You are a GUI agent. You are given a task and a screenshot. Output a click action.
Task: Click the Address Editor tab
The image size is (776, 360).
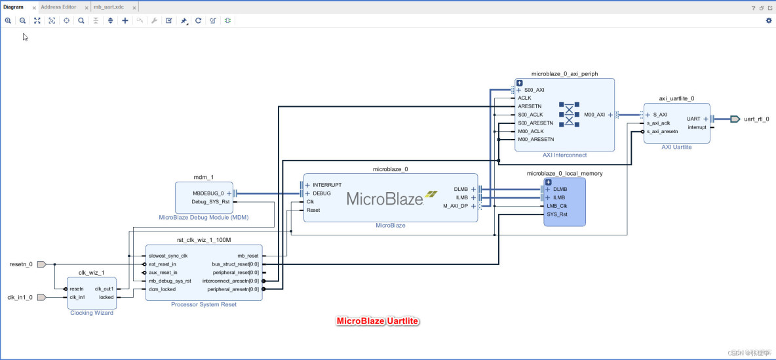(x=58, y=7)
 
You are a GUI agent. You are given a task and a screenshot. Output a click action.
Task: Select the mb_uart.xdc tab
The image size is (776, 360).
(x=108, y=7)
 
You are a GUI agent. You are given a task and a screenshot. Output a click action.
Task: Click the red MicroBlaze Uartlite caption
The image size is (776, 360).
(x=377, y=321)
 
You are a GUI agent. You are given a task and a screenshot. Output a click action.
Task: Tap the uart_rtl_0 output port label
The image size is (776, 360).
(x=756, y=119)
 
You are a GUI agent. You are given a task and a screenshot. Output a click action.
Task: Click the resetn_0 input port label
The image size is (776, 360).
(x=20, y=264)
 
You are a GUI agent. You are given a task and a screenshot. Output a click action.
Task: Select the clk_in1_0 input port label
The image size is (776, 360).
(x=20, y=297)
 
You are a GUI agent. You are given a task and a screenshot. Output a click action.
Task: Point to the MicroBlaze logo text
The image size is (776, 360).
(x=384, y=198)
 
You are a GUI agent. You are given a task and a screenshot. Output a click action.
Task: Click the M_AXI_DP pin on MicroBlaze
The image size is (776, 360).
(x=456, y=206)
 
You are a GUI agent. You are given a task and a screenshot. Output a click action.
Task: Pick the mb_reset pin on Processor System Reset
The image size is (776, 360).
(x=248, y=256)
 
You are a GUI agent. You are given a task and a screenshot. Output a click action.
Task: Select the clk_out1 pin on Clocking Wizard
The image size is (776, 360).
(x=104, y=289)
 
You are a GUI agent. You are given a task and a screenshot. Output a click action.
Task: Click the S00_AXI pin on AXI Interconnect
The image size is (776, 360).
(x=533, y=90)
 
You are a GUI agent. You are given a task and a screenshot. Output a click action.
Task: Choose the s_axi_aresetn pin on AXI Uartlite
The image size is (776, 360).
(x=661, y=131)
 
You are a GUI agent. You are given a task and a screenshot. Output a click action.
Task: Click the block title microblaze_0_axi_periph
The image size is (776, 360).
(x=564, y=74)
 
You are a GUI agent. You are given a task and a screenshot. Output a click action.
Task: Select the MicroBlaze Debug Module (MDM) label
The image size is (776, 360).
(x=203, y=217)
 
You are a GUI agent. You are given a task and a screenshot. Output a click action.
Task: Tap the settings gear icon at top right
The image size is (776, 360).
(x=769, y=20)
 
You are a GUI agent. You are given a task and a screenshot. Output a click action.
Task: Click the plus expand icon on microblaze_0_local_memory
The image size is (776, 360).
(x=549, y=182)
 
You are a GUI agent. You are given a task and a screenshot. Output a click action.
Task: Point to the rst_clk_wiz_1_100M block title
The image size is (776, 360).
(x=203, y=240)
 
